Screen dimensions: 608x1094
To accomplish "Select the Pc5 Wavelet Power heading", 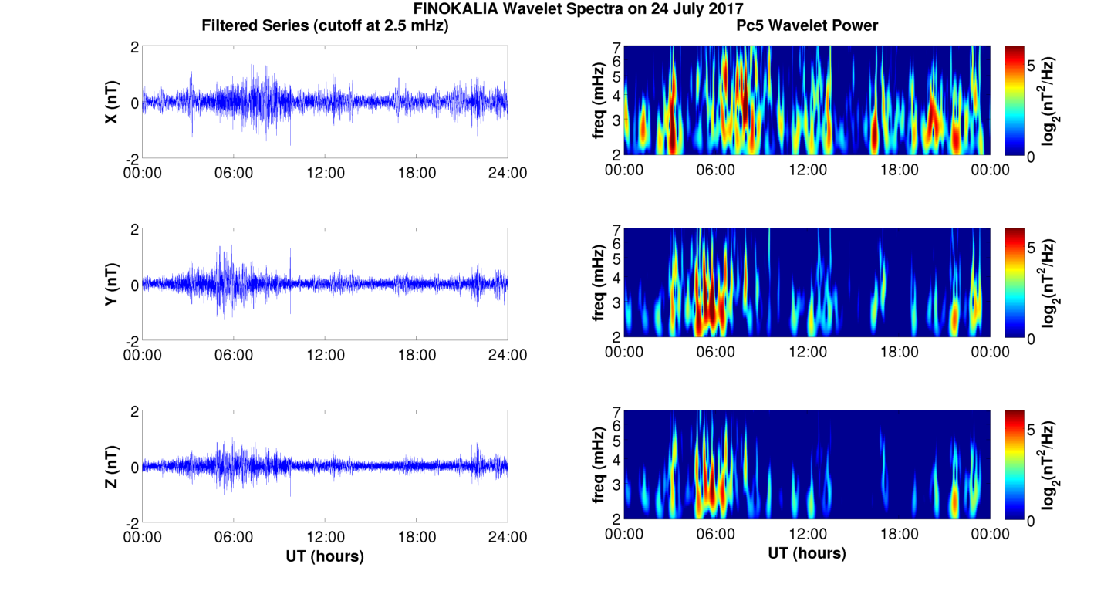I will pyautogui.click(x=807, y=26).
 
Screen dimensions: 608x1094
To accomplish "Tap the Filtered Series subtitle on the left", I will pyautogui.click(x=325, y=26).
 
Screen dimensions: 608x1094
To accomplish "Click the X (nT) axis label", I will pyautogui.click(x=112, y=103).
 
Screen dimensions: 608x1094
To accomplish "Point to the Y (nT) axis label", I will pyautogui.click(x=112, y=285).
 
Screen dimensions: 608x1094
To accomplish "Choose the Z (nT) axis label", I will pyautogui.click(x=112, y=467).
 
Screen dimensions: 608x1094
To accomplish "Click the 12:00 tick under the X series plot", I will pyautogui.click(x=325, y=173).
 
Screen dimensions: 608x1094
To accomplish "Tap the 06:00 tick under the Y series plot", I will pyautogui.click(x=234, y=355).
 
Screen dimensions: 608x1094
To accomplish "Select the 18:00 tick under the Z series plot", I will pyautogui.click(x=417, y=537).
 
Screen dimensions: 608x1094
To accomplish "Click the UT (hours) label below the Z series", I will pyautogui.click(x=325, y=556).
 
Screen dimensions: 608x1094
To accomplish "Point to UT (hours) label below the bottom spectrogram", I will pyautogui.click(x=807, y=553).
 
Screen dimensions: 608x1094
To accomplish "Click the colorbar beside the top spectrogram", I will pyautogui.click(x=1015, y=101).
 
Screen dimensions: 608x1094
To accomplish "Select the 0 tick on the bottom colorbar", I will pyautogui.click(x=1033, y=521).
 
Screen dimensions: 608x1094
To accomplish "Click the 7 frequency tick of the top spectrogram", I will pyautogui.click(x=616, y=47).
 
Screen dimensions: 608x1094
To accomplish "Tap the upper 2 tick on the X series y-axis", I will pyautogui.click(x=134, y=47).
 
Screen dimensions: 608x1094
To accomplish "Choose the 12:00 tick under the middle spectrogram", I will pyautogui.click(x=807, y=352).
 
